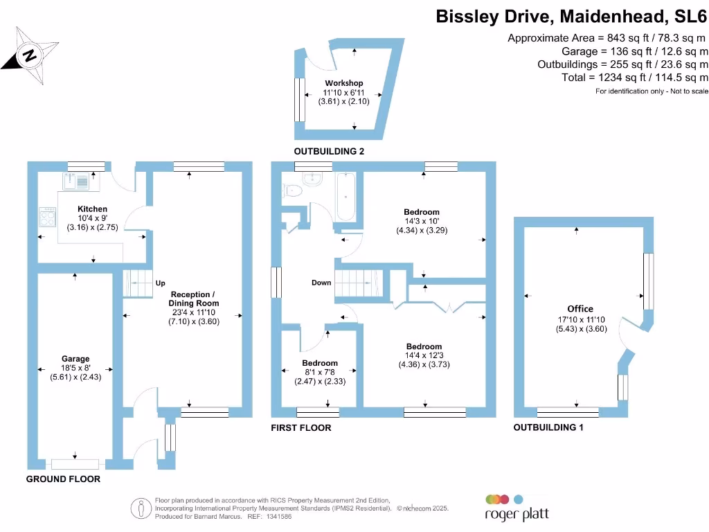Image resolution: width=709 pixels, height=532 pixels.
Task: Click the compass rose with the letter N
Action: coord(30,54)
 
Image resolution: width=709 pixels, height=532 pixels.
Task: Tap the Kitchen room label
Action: coord(92,209)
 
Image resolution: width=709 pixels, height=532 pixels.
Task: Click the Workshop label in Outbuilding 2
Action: coord(343,83)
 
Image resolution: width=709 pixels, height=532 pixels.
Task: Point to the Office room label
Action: coord(580,309)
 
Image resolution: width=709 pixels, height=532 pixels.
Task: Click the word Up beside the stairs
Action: coord(161,283)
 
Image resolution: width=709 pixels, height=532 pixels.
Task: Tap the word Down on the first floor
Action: coord(321,283)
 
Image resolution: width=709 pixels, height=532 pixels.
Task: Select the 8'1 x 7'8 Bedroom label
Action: coord(320,363)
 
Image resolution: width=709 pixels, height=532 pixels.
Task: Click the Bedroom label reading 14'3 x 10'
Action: coord(422,212)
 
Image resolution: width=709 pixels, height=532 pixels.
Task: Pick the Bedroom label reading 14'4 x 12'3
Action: coord(424,346)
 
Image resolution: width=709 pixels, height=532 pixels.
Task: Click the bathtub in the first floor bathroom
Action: coord(345,197)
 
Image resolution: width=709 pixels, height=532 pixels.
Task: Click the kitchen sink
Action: coord(76,181)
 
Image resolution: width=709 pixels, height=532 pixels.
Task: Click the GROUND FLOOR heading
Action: coord(63,479)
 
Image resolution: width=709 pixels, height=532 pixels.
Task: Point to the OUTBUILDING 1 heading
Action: coord(548,428)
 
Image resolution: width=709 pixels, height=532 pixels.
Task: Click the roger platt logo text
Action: coord(516,515)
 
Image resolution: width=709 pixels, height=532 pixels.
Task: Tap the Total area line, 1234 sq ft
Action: coord(635,78)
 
